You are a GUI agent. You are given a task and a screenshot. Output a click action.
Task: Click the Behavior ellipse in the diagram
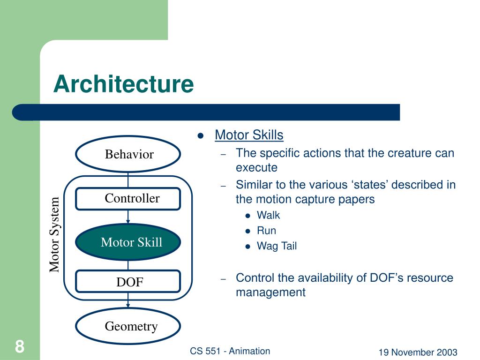[128, 154]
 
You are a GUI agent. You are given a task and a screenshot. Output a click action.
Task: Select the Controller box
[128, 198]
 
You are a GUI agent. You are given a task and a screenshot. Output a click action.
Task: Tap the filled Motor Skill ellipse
[128, 242]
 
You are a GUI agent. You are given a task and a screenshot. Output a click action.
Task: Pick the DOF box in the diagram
[128, 282]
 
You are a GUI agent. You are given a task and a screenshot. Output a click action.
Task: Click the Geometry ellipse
[128, 326]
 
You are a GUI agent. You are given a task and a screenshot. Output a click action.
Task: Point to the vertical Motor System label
[55, 235]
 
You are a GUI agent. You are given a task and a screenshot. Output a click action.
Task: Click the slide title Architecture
[123, 84]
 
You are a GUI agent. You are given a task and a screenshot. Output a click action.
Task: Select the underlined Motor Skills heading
[249, 135]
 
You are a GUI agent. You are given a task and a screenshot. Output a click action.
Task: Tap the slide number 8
[19, 347]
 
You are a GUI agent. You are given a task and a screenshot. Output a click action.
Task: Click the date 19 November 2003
[418, 352]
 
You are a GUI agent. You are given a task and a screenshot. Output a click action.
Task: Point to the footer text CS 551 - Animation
[230, 351]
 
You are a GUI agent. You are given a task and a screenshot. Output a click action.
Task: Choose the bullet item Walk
[268, 216]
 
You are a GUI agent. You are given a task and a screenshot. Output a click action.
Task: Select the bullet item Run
[266, 231]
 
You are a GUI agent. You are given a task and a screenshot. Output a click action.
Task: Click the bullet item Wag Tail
[277, 246]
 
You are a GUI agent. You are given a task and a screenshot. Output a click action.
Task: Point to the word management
[270, 292]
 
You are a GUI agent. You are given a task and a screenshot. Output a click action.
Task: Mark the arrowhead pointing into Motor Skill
[128, 222]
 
